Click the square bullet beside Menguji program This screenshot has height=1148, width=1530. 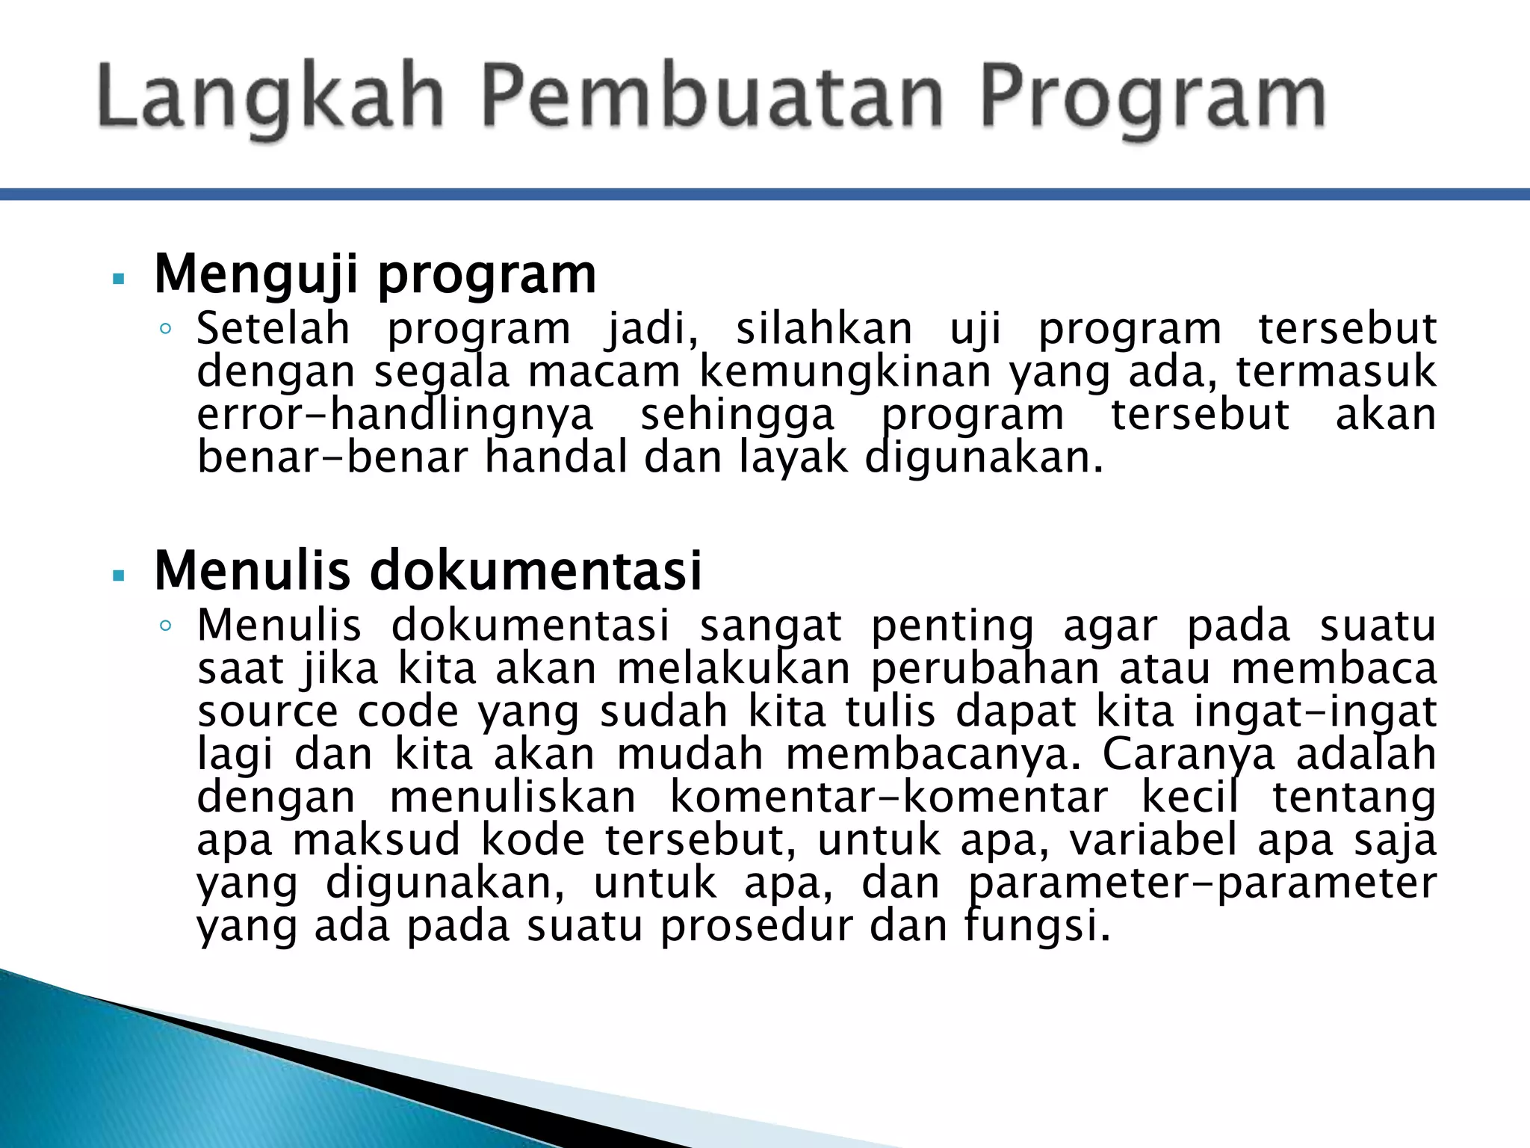coord(118,280)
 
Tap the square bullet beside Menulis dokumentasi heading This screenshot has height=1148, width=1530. coord(118,576)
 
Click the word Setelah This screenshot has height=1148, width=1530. coord(273,329)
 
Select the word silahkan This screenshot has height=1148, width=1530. coord(824,329)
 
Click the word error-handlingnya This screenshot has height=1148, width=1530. coord(395,415)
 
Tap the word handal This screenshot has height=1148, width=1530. coord(556,457)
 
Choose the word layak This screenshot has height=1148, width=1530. coord(793,457)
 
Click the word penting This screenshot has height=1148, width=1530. coord(953,626)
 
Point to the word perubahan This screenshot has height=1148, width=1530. coord(985,668)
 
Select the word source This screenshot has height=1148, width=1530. coord(267,712)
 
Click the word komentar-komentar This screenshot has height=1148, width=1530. coord(888,797)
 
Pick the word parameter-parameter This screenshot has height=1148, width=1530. coord(1202,883)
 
